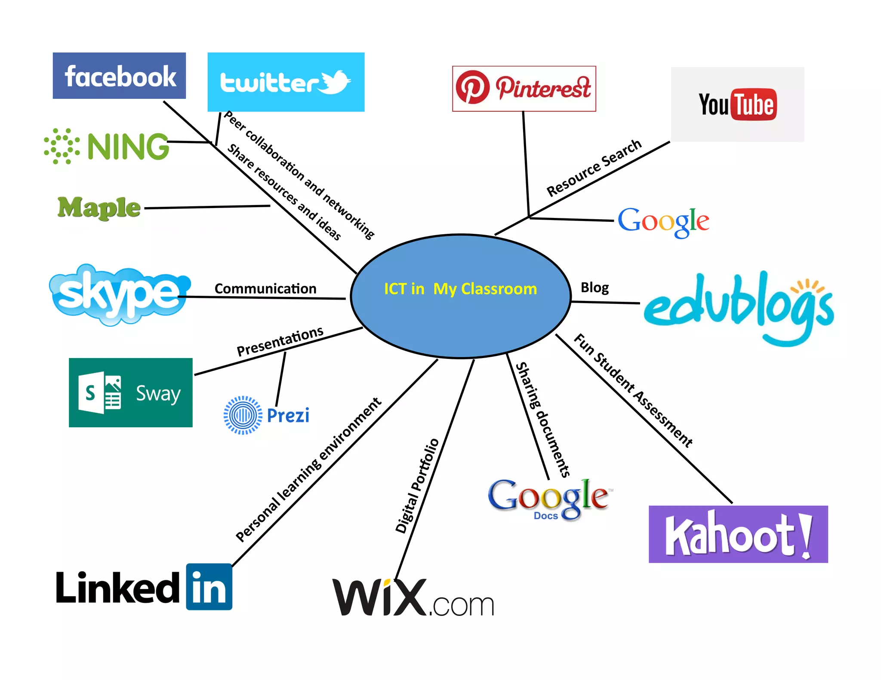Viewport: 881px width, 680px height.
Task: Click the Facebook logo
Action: pyautogui.click(x=119, y=76)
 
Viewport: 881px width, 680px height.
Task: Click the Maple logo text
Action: pyautogui.click(x=99, y=208)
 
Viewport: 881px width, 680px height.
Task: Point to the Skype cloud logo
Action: pyautogui.click(x=120, y=294)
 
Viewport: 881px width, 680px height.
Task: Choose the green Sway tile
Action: pyautogui.click(x=130, y=392)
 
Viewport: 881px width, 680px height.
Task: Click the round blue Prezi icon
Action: pyautogui.click(x=243, y=415)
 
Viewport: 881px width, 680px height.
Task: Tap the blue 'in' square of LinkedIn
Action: pyautogui.click(x=209, y=587)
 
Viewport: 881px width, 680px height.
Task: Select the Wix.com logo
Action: pyautogui.click(x=413, y=597)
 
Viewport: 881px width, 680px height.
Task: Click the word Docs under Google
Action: pyautogui.click(x=546, y=516)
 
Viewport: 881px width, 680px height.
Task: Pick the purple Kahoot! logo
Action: pyautogui.click(x=738, y=534)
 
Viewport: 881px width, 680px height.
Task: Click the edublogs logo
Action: pyautogui.click(x=738, y=305)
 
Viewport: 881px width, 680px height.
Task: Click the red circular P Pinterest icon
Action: pyautogui.click(x=472, y=87)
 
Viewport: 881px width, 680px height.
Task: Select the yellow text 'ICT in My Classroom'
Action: pyautogui.click(x=460, y=289)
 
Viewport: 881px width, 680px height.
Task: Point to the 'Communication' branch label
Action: pyautogui.click(x=265, y=289)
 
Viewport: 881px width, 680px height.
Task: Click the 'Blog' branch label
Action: pyautogui.click(x=595, y=287)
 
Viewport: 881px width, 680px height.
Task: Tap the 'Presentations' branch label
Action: pyautogui.click(x=280, y=341)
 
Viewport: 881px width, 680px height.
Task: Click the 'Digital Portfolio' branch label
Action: pyautogui.click(x=417, y=486)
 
